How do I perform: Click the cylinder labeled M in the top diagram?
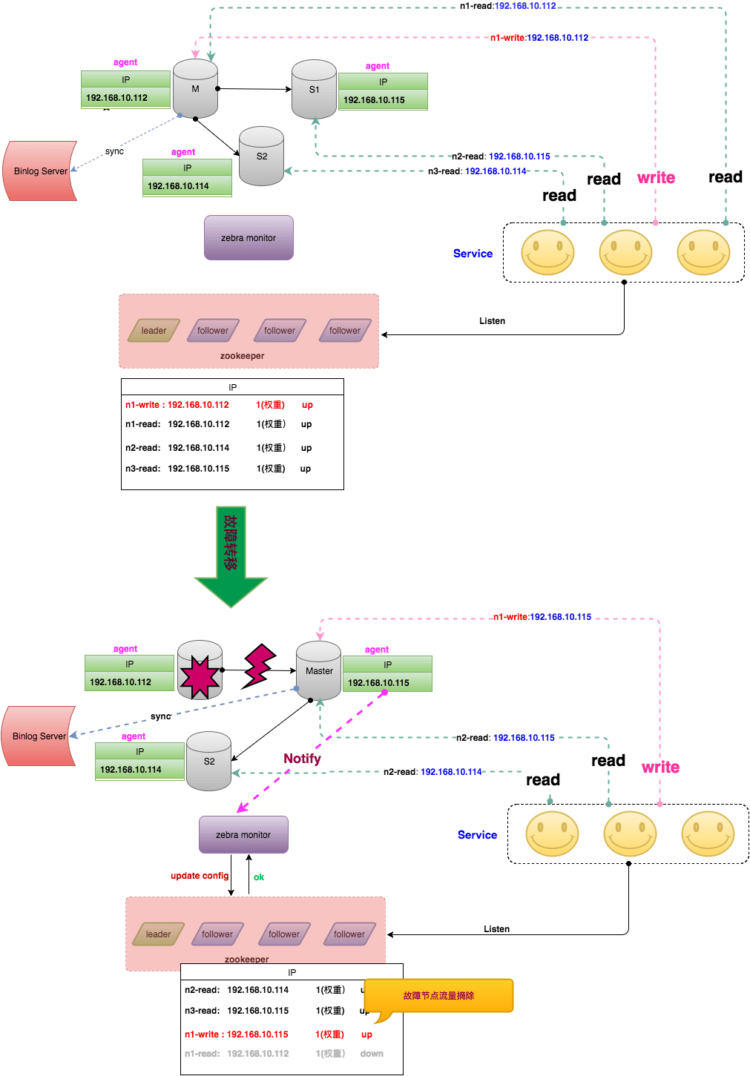pos(195,89)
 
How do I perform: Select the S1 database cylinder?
pos(314,90)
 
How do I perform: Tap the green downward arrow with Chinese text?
pos(231,556)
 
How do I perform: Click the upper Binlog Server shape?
pos(40,171)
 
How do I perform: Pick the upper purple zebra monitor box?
pos(249,238)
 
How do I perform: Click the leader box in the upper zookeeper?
pos(154,331)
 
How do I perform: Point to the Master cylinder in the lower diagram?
pos(319,671)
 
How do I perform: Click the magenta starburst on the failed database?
pos(199,676)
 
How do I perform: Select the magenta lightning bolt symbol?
pos(259,665)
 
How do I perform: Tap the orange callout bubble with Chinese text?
pos(438,996)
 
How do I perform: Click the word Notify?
pos(302,759)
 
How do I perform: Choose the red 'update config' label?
pos(200,876)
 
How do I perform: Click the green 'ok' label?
pos(259,877)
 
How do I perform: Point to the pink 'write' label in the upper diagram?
pos(656,178)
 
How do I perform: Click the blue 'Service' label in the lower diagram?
pos(477,835)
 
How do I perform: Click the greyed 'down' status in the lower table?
pos(372,1054)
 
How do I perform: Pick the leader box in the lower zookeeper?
pos(158,934)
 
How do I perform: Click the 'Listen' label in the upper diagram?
pos(492,321)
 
